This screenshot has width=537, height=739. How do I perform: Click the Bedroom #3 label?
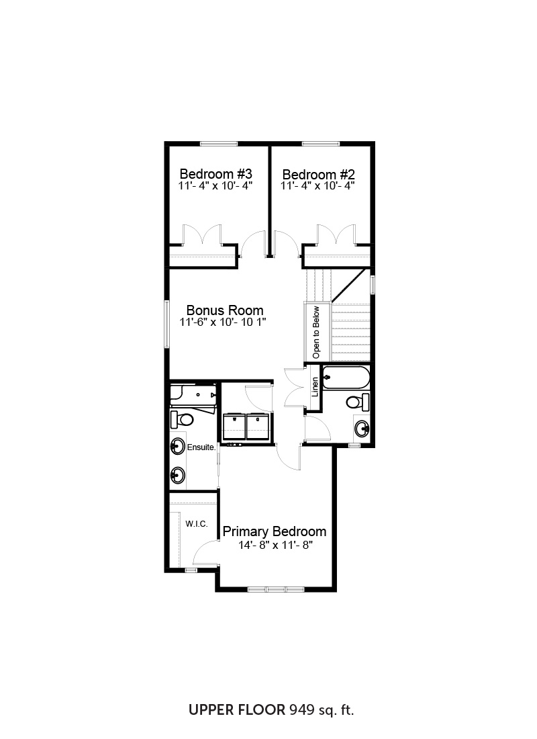[x=215, y=174]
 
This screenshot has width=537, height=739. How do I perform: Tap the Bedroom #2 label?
[x=318, y=175]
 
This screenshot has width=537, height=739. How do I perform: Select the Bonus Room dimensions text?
[x=223, y=322]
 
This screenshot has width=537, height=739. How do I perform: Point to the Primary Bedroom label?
[x=274, y=531]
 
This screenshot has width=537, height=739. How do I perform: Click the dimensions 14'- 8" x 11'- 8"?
[x=276, y=546]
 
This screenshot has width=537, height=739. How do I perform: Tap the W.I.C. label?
[x=197, y=523]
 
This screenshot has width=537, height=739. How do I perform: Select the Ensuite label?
[x=201, y=447]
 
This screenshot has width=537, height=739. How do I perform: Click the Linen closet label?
[x=315, y=386]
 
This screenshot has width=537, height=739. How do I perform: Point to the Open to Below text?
[x=315, y=333]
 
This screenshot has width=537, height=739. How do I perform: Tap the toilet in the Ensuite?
[x=182, y=419]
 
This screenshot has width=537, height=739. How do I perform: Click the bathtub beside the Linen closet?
[x=345, y=378]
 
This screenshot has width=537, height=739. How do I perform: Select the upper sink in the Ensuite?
[x=178, y=446]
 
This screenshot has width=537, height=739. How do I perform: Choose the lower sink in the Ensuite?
[x=178, y=475]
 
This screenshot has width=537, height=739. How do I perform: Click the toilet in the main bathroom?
[x=358, y=402]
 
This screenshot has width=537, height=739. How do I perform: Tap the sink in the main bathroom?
[x=362, y=429]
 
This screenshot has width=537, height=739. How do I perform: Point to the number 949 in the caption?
[x=301, y=710]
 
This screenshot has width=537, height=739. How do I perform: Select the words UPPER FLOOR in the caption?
[x=237, y=710]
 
